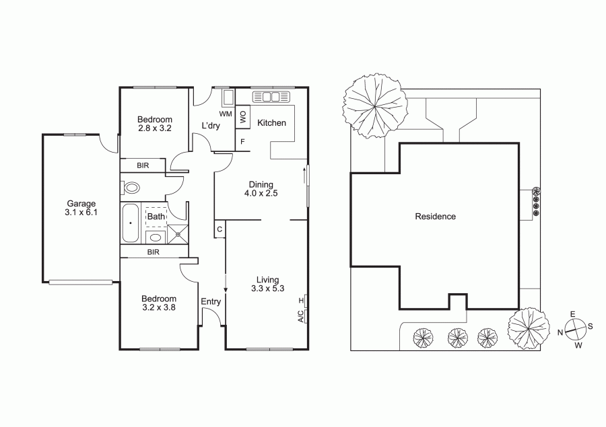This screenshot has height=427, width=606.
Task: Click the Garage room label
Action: [81, 204]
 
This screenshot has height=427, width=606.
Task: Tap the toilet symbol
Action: [131, 188]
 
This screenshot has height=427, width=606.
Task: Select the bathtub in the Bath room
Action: [131, 223]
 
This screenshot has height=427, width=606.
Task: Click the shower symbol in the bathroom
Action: [178, 235]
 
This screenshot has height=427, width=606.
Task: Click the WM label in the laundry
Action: [226, 114]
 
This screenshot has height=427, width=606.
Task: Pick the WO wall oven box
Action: [242, 117]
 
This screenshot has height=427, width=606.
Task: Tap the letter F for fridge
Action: [242, 142]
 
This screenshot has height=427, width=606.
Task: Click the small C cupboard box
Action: [220, 229]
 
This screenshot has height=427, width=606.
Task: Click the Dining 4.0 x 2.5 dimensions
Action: [261, 194]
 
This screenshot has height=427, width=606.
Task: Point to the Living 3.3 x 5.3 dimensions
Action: [267, 288]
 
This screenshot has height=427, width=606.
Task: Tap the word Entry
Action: [211, 301]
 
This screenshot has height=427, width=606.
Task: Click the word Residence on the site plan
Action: [435, 217]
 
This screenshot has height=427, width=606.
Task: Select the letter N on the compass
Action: [560, 332]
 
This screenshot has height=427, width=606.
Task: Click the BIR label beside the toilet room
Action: [143, 165]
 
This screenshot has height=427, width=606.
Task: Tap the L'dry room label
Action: [211, 126]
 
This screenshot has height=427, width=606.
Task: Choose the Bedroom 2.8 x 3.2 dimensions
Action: [155, 128]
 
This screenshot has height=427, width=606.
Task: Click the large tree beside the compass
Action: [529, 326]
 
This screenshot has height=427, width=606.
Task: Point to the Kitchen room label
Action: [272, 123]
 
